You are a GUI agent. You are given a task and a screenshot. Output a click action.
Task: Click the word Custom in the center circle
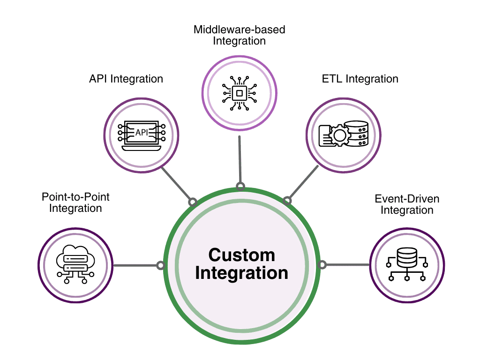241,255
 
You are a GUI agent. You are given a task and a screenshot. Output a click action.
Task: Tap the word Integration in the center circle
241,273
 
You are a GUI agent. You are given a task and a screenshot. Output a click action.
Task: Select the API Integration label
126,79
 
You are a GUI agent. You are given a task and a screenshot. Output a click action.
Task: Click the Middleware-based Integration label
240,35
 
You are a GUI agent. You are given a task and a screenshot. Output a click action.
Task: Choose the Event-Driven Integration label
407,204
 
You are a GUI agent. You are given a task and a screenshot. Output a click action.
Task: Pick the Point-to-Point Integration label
75,202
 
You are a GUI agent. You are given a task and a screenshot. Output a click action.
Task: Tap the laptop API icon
141,135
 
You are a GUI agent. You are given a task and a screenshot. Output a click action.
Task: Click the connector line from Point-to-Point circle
136,265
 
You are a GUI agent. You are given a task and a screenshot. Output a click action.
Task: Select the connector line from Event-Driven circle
347,265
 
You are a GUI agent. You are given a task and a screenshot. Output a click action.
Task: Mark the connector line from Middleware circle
240,159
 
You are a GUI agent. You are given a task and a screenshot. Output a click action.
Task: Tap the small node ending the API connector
192,202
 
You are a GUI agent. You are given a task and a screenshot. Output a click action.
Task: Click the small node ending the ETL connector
288,201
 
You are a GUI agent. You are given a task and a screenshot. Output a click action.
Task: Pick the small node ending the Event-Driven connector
322,265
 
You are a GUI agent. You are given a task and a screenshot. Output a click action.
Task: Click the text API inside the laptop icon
141,133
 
